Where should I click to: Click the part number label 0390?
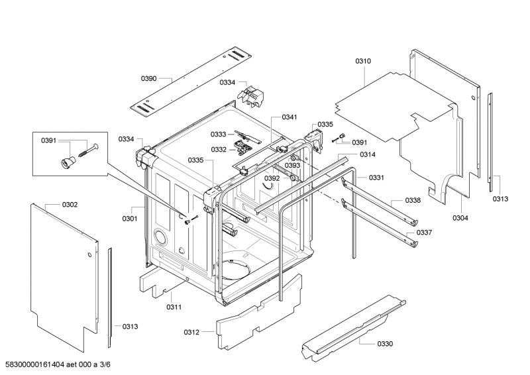click(x=148, y=79)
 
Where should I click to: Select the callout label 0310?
click(x=363, y=61)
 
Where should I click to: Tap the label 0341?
click(x=289, y=117)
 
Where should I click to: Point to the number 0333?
click(x=219, y=134)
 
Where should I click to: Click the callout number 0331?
click(x=377, y=178)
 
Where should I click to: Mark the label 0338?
click(x=413, y=201)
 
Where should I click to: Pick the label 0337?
click(x=425, y=233)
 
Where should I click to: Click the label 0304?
click(x=460, y=218)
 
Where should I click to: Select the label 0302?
click(x=70, y=205)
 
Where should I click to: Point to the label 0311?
click(x=174, y=307)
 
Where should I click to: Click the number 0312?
click(x=191, y=332)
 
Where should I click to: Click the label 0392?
click(x=272, y=179)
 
